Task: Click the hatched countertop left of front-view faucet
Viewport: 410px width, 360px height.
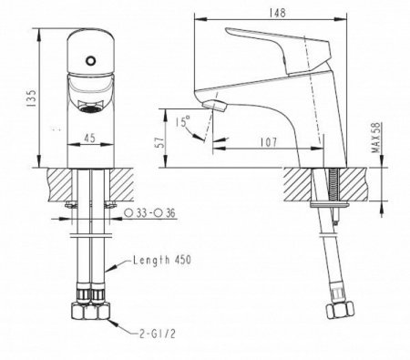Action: [x=50, y=185]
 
